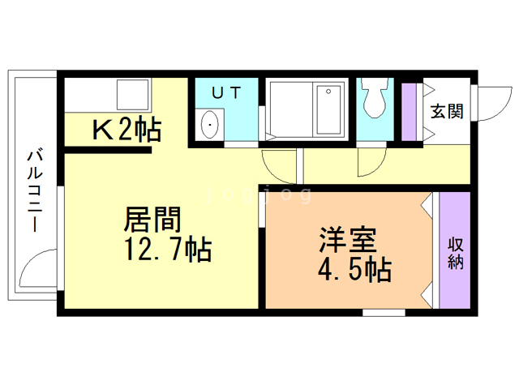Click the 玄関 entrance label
(447, 112)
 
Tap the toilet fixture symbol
(375, 97)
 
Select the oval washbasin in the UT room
(210, 125)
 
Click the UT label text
(226, 93)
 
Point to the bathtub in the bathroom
(328, 109)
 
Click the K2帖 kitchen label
(127, 129)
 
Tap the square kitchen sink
(133, 94)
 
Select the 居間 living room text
(153, 219)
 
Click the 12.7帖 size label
(168, 249)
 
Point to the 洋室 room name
(348, 240)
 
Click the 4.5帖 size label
(354, 270)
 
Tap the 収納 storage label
(456, 254)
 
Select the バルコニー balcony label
(34, 191)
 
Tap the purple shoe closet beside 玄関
(409, 112)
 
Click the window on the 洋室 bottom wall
(384, 313)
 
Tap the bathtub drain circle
(328, 92)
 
